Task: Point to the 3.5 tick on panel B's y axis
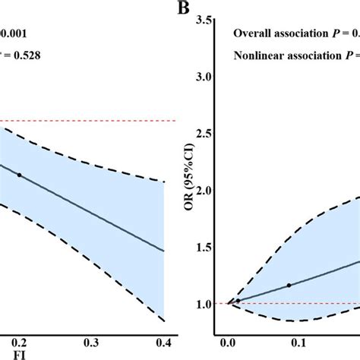coord(204,20)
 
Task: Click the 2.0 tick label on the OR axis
coord(204,191)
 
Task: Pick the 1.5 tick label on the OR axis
coord(204,248)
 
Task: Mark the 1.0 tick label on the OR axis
coord(204,305)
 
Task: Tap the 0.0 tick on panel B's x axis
coord(227,341)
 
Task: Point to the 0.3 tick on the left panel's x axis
coord(92,341)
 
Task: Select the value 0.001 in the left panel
coord(15,33)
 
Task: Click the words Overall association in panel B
coord(276,33)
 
